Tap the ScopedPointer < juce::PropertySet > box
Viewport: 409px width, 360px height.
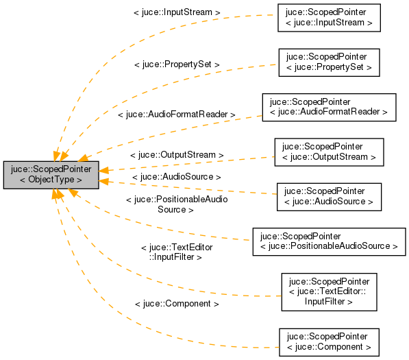pyautogui.click(x=329, y=62)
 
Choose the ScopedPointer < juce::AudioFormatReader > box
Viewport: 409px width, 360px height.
pyautogui.click(x=329, y=107)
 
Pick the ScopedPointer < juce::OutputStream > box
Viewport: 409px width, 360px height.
pyautogui.click(x=329, y=152)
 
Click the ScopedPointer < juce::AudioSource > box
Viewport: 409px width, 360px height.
pyautogui.click(x=329, y=196)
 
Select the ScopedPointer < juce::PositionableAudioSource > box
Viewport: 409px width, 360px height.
pyautogui.click(x=329, y=241)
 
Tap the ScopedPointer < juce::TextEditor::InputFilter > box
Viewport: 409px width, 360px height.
pyautogui.click(x=329, y=291)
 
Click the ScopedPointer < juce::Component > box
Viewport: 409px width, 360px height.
pyautogui.click(x=329, y=342)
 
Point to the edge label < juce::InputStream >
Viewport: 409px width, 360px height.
pyautogui.click(x=177, y=12)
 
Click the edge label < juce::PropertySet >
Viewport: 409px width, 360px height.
pyautogui.click(x=177, y=64)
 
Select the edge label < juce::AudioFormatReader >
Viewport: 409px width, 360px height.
pyautogui.click(x=177, y=115)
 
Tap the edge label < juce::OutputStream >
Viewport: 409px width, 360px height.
pyautogui.click(x=177, y=156)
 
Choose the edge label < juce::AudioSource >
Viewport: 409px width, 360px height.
pyautogui.click(x=177, y=177)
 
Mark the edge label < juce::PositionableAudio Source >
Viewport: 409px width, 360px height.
pyautogui.click(x=177, y=204)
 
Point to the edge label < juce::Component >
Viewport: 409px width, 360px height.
pyautogui.click(x=177, y=303)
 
